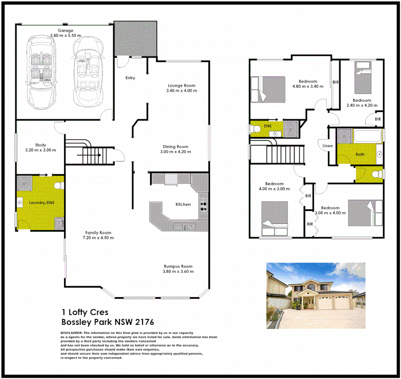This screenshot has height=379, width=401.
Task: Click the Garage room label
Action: [x=66, y=31]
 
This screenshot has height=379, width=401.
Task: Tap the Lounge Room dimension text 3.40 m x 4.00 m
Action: [x=181, y=91]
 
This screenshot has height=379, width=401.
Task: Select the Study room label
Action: [x=41, y=145]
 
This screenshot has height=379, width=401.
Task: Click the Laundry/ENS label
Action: [x=41, y=202]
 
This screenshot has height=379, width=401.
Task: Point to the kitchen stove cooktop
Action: [x=203, y=205]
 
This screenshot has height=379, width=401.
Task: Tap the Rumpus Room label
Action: [x=178, y=266]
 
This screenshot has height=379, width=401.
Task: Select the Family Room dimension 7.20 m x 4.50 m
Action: [x=98, y=238]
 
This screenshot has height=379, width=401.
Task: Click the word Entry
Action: [x=130, y=78]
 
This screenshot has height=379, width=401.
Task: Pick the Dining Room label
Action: [x=175, y=147]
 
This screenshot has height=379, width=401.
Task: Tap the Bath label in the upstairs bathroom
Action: [x=360, y=154]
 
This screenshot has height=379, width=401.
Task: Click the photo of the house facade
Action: [x=316, y=295]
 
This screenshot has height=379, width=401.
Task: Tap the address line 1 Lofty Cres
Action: [x=85, y=312]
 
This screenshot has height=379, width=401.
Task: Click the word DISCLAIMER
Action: [x=72, y=332]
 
